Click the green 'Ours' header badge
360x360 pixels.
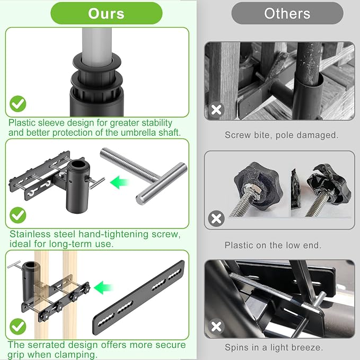pos(106,13)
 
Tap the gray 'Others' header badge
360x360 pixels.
pos(287,13)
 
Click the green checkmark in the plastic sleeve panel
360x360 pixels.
pos(18,104)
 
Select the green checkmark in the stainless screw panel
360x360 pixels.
pos(18,215)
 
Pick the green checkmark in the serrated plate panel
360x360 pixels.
pos(18,327)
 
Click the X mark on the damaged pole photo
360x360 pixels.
pos(216,110)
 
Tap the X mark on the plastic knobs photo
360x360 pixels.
pos(216,218)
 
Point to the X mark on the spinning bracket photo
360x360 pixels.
pos(216,327)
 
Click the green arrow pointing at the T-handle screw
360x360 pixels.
pos(119,182)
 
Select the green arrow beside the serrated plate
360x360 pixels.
pos(103,287)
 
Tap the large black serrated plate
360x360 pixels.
pos(139,297)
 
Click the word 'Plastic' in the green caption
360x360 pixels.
pos(22,123)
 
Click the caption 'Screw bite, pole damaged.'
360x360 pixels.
pos(282,135)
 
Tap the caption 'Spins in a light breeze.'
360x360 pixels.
pos(274,347)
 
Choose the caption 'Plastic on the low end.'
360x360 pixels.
pos(273,245)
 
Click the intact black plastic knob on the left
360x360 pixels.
pos(258,186)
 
